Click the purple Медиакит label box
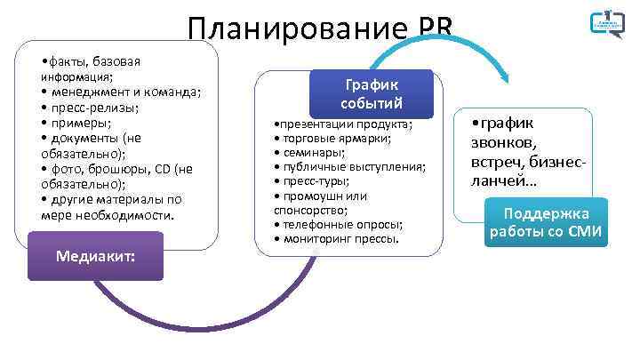95,256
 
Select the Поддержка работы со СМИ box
546,222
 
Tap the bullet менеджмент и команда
121,92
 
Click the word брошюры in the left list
118,169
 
